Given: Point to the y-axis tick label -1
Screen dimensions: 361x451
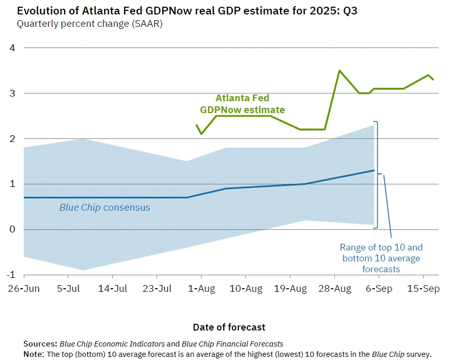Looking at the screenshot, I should pyautogui.click(x=11, y=275).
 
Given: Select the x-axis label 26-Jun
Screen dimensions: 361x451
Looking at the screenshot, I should pyautogui.click(x=24, y=289).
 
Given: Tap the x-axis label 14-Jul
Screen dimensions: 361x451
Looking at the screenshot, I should pyautogui.click(x=113, y=289).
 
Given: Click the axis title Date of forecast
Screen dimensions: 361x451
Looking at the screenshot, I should pyautogui.click(x=229, y=327).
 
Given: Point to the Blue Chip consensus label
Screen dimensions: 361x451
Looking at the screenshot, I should pyautogui.click(x=104, y=208).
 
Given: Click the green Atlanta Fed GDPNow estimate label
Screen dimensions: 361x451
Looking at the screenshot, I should pyautogui.click(x=242, y=103).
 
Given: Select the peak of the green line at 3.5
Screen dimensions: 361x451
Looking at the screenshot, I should pyautogui.click(x=339, y=70).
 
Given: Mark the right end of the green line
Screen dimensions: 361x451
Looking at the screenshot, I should pyautogui.click(x=433, y=80).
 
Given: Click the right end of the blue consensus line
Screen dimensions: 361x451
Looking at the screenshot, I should pyautogui.click(x=374, y=170).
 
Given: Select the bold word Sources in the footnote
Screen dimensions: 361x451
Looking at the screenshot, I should pyautogui.click(x=40, y=343).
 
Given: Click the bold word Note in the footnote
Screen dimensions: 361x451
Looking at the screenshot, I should pyautogui.click(x=34, y=354).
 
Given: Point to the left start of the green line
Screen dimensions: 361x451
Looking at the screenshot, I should pyautogui.click(x=196, y=125).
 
